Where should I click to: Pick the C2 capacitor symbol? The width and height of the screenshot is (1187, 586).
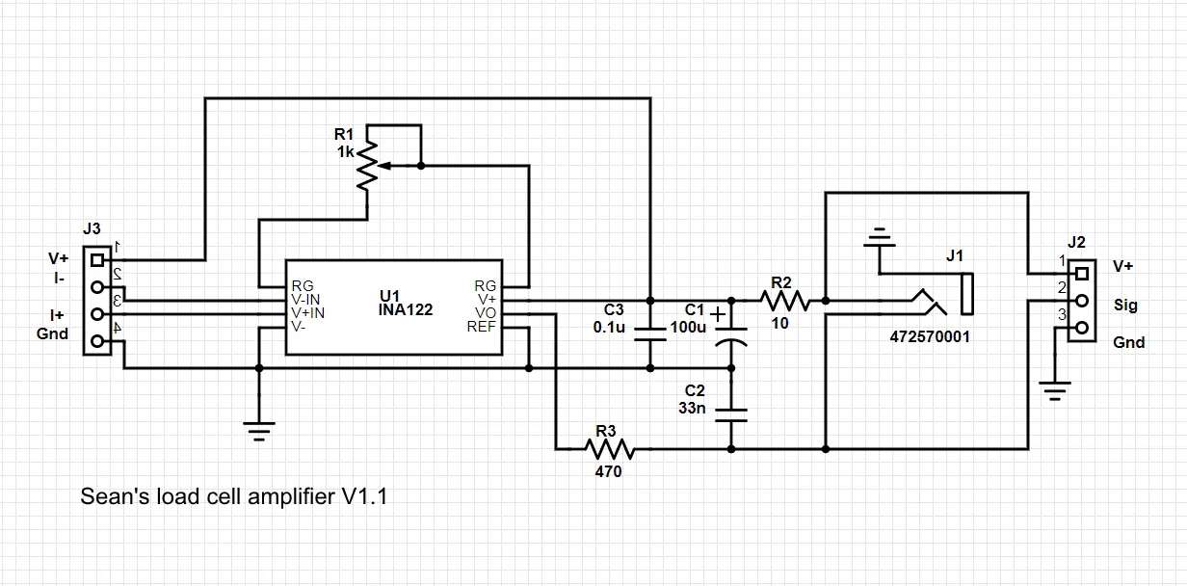click(x=731, y=413)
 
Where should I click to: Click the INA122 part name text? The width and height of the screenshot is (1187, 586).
click(x=406, y=310)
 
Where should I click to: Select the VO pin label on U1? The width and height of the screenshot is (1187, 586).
click(x=486, y=313)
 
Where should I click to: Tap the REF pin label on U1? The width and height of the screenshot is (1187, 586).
click(x=482, y=327)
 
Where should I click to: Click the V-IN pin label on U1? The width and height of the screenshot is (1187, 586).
click(x=308, y=300)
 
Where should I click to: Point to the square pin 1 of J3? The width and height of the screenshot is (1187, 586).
click(x=96, y=260)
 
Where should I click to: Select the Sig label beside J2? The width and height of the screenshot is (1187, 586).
click(x=1124, y=306)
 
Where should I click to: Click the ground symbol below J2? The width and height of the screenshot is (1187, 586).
click(x=1056, y=391)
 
